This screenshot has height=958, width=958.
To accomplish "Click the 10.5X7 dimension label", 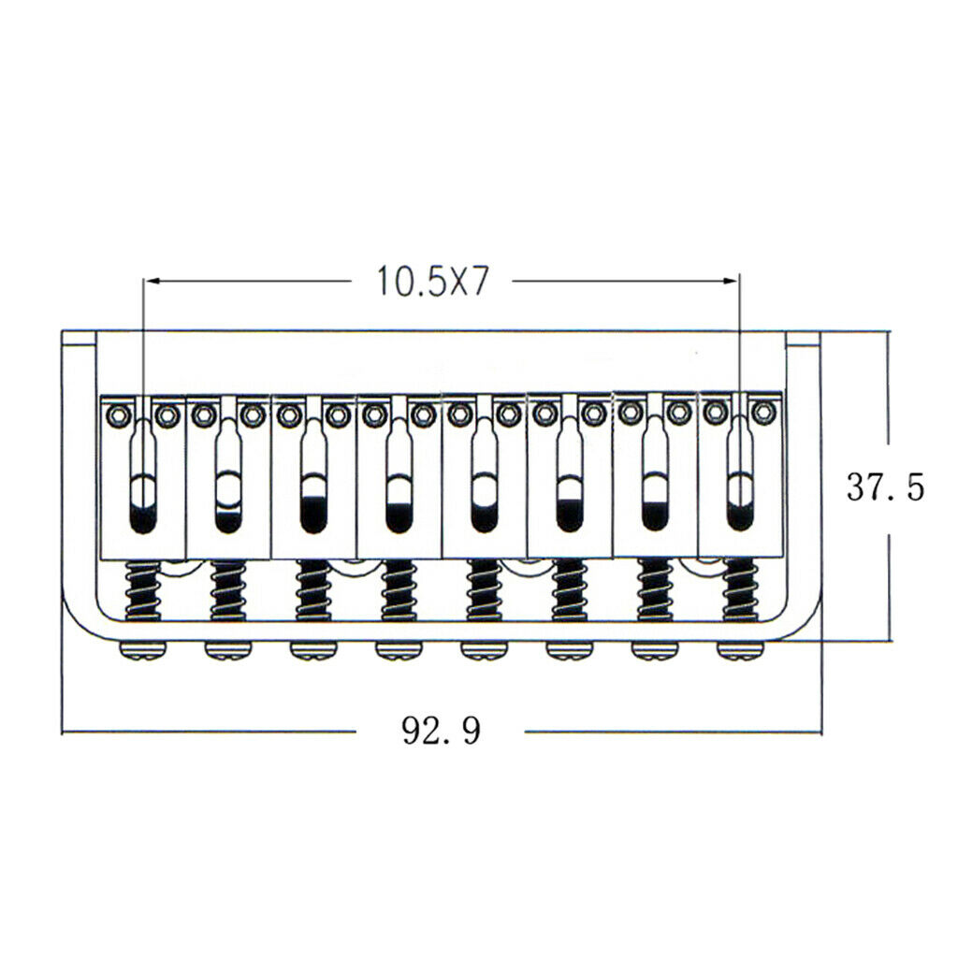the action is [x=432, y=281].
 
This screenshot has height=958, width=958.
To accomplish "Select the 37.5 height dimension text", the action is [x=885, y=486].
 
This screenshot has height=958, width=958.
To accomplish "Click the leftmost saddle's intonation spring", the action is [x=142, y=591].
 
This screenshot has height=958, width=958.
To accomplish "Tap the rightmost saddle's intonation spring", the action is [x=740, y=589].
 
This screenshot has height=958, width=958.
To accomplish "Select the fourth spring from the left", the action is [x=399, y=591].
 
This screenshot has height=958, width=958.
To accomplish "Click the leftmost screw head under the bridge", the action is [x=142, y=651].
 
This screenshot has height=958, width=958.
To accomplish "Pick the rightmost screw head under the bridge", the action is [x=741, y=651].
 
